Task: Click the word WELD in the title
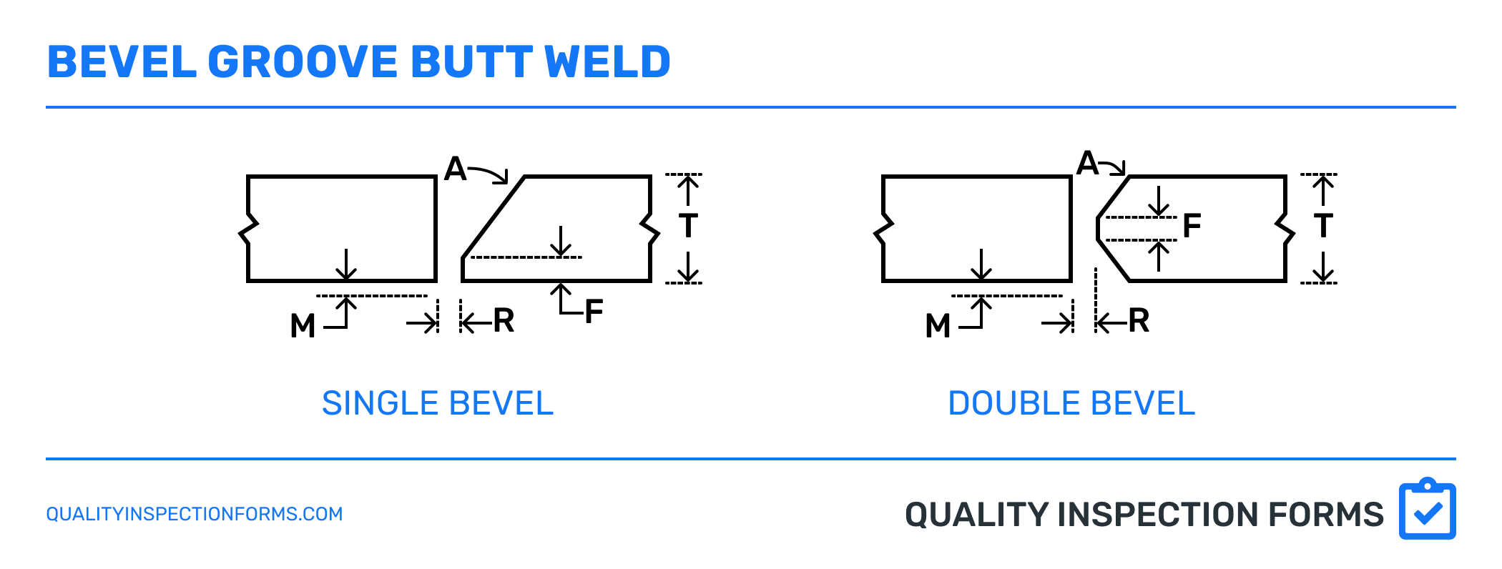coord(607,62)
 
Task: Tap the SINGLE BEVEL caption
coord(438,404)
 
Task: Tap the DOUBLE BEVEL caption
coord(1071,404)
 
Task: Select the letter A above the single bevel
coord(456,169)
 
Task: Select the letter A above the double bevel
coord(1088,163)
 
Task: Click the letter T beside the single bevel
coord(688,226)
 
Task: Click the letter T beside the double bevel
coord(1323,226)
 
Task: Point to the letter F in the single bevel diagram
coord(594,312)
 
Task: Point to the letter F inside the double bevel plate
coord(1192,226)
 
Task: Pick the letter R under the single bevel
coord(504,321)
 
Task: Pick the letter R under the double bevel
coord(1139,321)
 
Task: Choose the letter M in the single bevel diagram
coord(303,326)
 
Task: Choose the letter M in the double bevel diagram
coord(938,326)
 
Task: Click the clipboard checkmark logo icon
coord(1427,509)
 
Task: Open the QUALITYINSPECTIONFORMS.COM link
coord(195,514)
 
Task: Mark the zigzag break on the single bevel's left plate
coord(247,229)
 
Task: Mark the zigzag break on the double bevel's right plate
coord(1285,229)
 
